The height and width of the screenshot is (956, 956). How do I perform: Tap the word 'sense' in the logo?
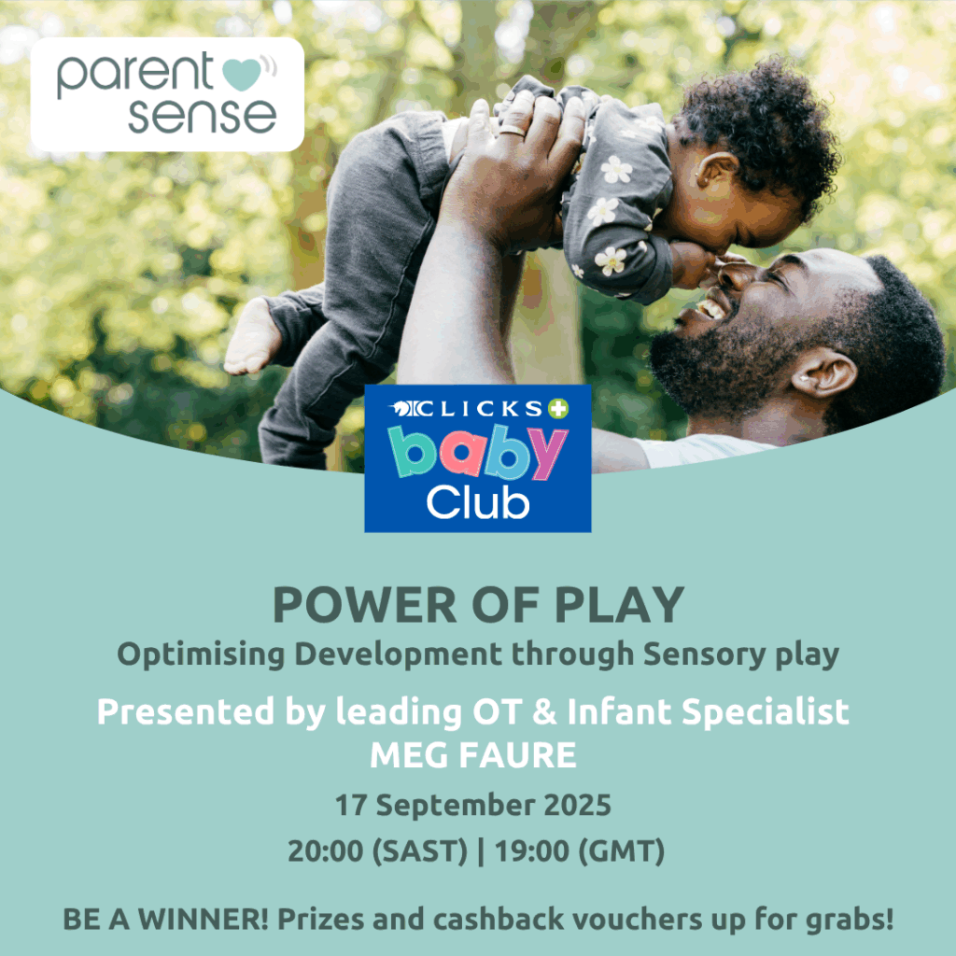point(202,116)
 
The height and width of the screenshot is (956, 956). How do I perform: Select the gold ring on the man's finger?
point(513,130)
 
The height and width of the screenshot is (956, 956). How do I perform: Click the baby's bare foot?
point(252,337)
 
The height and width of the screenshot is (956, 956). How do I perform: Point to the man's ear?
point(823,372)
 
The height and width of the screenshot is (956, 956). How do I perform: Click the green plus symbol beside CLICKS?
point(558,408)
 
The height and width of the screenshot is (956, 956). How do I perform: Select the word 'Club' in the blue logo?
point(477,503)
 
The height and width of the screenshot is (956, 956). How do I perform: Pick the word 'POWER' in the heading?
point(364,605)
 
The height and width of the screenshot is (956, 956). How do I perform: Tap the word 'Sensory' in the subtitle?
point(704,655)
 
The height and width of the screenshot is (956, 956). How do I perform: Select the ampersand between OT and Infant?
point(544,711)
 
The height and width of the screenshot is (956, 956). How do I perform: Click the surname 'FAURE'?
point(517,755)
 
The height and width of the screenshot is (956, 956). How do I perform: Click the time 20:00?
point(326,851)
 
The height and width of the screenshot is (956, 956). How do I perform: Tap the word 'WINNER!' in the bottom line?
point(203,920)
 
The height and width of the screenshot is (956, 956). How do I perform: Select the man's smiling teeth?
point(710,307)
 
